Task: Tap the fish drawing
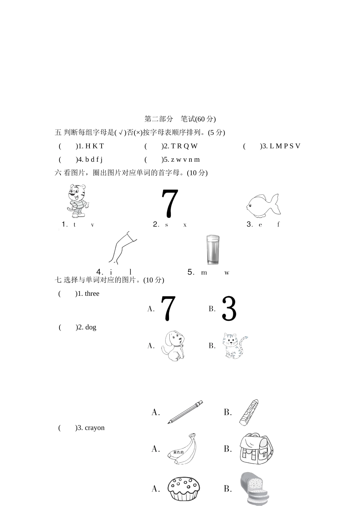[x=263, y=205]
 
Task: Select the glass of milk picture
[x=213, y=250]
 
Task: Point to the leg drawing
[x=122, y=248]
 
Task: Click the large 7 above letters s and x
[x=170, y=203]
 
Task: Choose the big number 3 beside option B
[x=229, y=308]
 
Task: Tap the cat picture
[x=235, y=346]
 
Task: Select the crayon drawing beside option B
[x=249, y=412]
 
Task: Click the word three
[x=92, y=294]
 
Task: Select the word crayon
[x=95, y=428]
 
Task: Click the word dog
[x=91, y=327]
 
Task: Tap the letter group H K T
[x=94, y=146]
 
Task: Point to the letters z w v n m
[x=185, y=159]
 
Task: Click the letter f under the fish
[x=279, y=224]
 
